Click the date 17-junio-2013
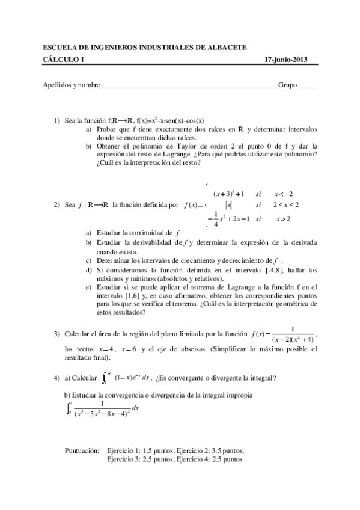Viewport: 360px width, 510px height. click(286, 59)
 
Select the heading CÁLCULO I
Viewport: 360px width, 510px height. click(64, 59)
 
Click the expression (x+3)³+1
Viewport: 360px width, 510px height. click(228, 194)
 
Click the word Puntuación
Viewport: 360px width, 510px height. click(81, 450)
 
